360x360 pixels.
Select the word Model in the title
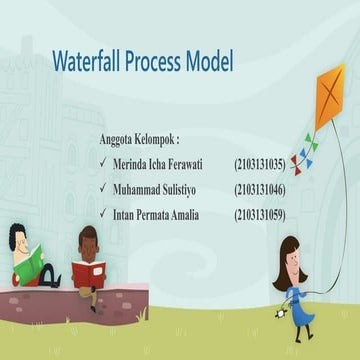point(211,63)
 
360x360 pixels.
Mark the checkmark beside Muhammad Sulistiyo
point(103,188)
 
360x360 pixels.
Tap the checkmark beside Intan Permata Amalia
point(103,214)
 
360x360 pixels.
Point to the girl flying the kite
point(294,285)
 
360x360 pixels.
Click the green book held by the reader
point(30,266)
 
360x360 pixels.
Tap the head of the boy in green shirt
point(20,238)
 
